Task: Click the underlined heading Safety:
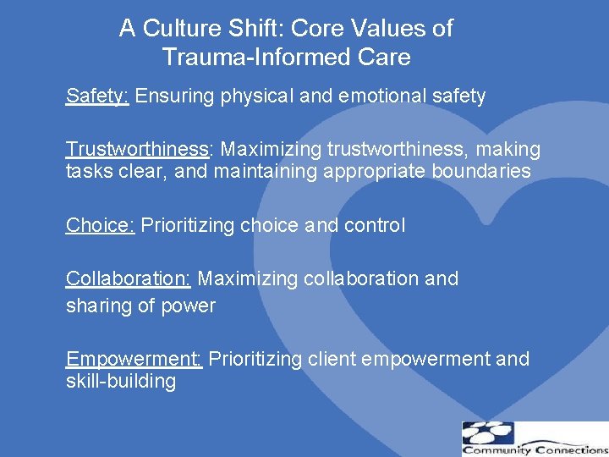tap(97, 96)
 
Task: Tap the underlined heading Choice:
tap(101, 226)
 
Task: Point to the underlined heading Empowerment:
tap(134, 360)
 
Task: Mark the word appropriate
tap(361, 172)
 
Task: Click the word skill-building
tap(121, 382)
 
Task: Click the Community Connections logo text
tap(534, 449)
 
